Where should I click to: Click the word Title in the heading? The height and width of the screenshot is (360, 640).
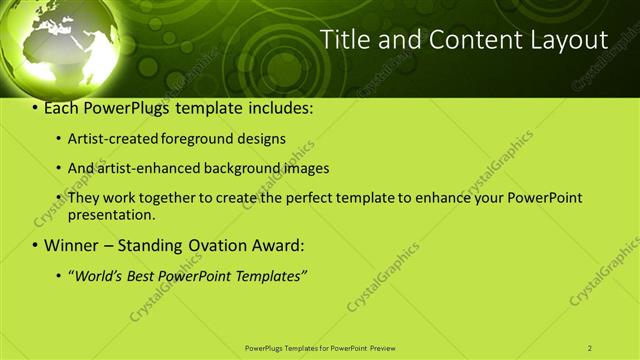(344, 40)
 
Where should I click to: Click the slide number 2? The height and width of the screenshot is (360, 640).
(590, 348)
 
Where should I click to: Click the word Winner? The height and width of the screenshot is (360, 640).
(72, 245)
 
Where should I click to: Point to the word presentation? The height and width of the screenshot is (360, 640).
(110, 214)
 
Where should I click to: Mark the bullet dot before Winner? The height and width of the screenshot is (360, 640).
(35, 245)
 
